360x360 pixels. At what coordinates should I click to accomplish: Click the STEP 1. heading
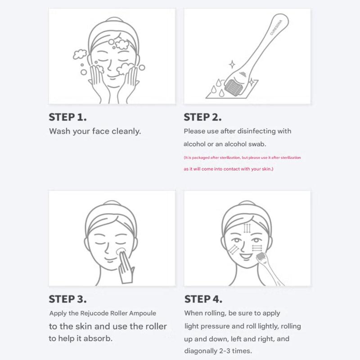(x=67, y=117)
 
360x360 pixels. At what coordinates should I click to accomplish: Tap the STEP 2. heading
(x=202, y=117)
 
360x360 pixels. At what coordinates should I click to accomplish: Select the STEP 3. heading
(x=67, y=299)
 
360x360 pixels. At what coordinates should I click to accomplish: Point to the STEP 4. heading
(x=203, y=299)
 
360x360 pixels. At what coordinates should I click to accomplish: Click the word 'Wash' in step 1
(x=59, y=131)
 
